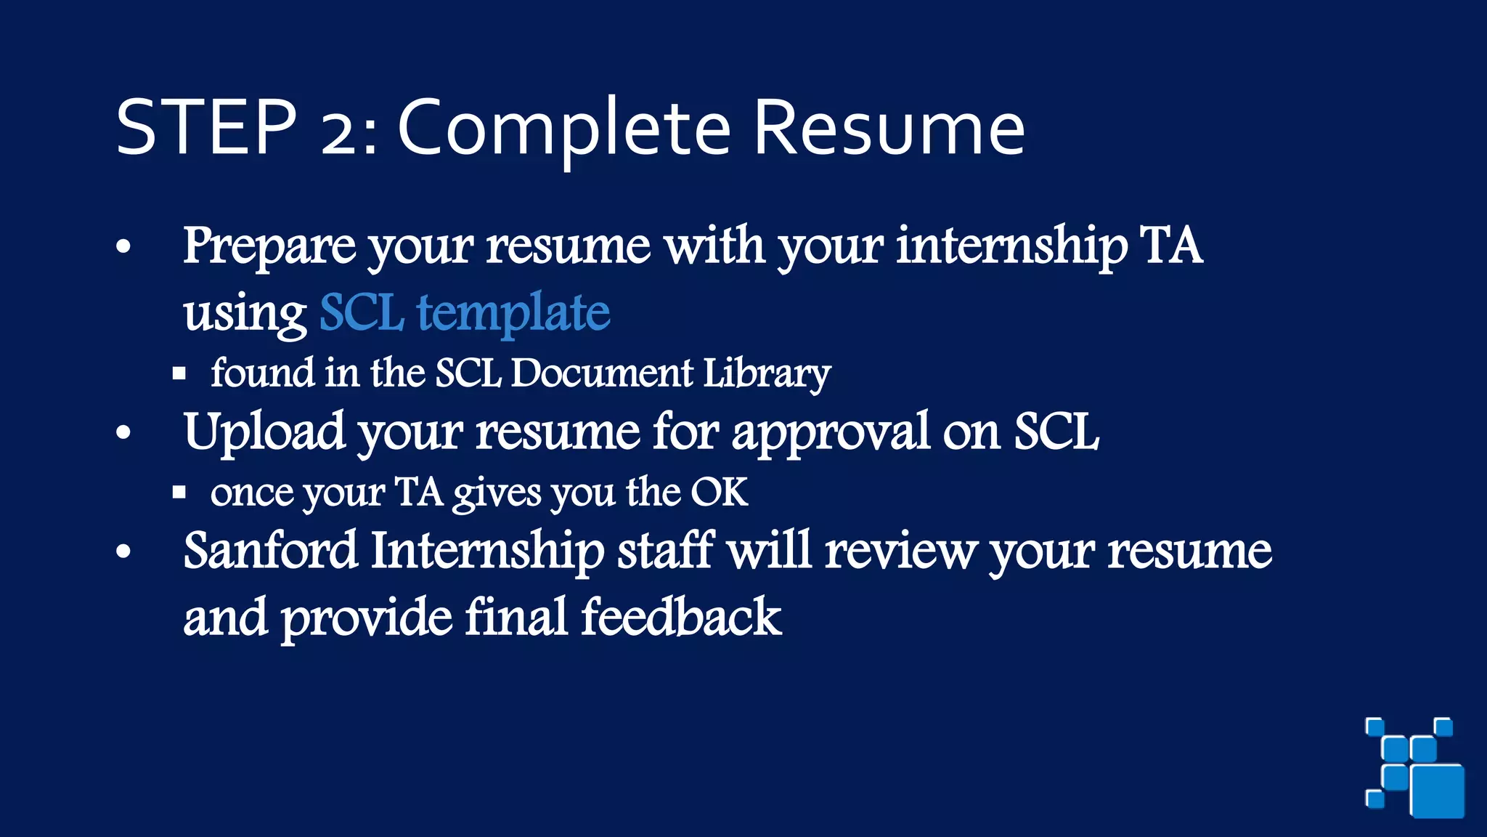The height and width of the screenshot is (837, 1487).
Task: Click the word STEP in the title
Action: [x=206, y=128]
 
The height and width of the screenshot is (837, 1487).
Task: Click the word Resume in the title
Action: [x=889, y=129]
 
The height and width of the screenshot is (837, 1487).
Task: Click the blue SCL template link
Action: [x=465, y=313]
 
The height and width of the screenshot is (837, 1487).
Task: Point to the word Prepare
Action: [x=269, y=247]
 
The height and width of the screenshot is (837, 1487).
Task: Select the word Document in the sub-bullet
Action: [x=602, y=373]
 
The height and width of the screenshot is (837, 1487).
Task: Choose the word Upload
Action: [x=264, y=433]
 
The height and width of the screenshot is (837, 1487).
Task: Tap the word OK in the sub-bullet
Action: [x=718, y=493]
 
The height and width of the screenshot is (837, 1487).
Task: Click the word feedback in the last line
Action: [x=680, y=618]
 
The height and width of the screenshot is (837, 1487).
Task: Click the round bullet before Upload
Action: [x=124, y=433]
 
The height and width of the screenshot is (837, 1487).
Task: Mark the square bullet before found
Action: [x=179, y=374]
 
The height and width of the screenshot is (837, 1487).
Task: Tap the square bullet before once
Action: [x=179, y=493]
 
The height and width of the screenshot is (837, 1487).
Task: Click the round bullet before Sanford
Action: [x=124, y=551]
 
